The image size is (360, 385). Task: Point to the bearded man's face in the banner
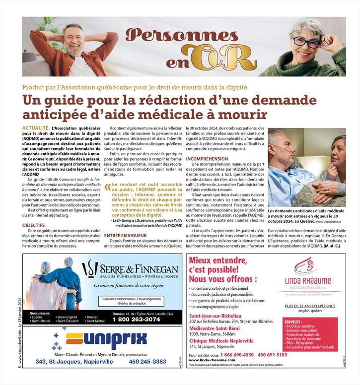(73, 39)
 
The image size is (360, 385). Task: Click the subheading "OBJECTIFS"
(33, 225)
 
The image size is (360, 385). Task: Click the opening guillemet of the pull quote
(107, 187)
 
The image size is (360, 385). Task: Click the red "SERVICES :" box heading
(296, 322)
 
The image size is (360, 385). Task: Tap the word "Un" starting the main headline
(32, 101)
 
